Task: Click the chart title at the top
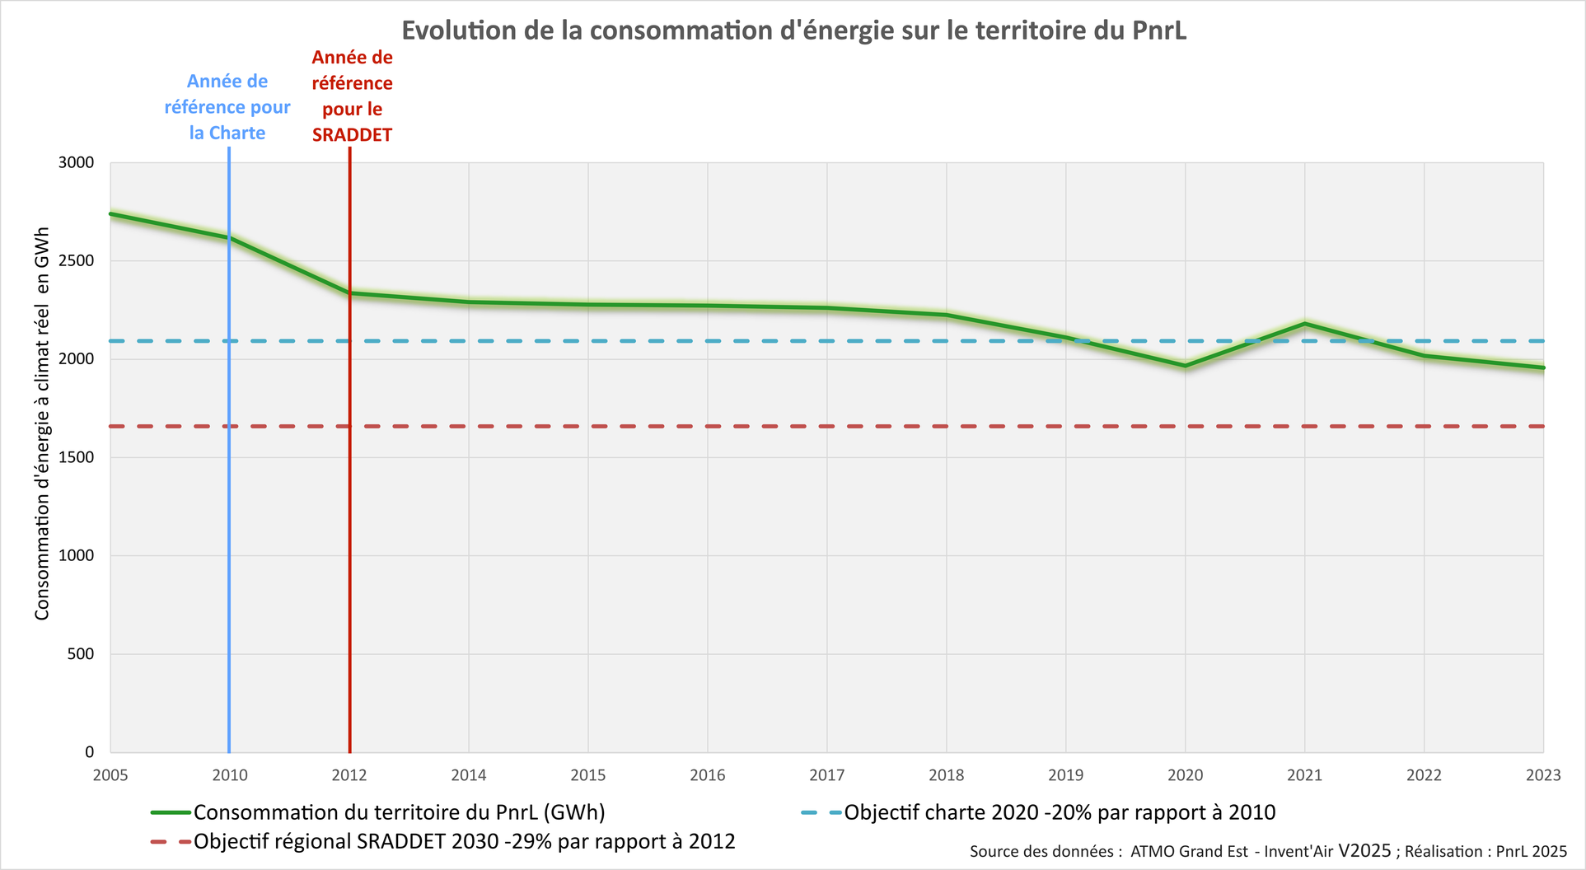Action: (x=793, y=30)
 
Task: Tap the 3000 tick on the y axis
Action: (x=76, y=163)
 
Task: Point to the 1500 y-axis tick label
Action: (x=76, y=458)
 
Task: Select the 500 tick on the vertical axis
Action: (x=81, y=654)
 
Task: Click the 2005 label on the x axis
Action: (x=110, y=775)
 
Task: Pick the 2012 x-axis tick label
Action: (x=349, y=775)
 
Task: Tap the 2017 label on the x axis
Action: (x=826, y=775)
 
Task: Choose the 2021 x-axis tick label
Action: (x=1304, y=775)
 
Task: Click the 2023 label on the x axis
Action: (x=1542, y=775)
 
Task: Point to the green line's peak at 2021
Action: (x=1304, y=324)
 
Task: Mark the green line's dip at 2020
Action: (x=1185, y=366)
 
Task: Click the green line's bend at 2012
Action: (x=350, y=293)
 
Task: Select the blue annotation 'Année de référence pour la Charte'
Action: (x=227, y=107)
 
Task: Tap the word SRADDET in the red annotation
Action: (x=352, y=135)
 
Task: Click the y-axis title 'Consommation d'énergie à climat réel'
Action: (x=42, y=423)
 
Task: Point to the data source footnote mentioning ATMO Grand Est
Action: (x=1268, y=851)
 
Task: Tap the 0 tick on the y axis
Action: (x=89, y=752)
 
